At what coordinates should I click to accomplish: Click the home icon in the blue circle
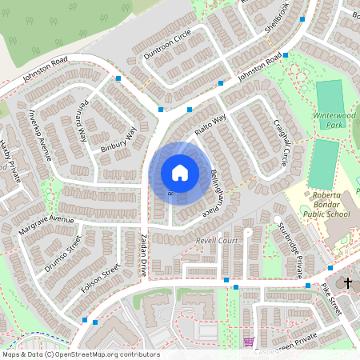[179, 173]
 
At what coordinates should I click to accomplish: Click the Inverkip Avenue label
[39, 129]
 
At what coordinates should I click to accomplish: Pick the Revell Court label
[217, 239]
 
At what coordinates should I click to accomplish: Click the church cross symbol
[348, 282]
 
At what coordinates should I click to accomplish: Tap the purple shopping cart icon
[249, 342]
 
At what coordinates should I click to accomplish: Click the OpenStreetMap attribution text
[81, 354]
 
